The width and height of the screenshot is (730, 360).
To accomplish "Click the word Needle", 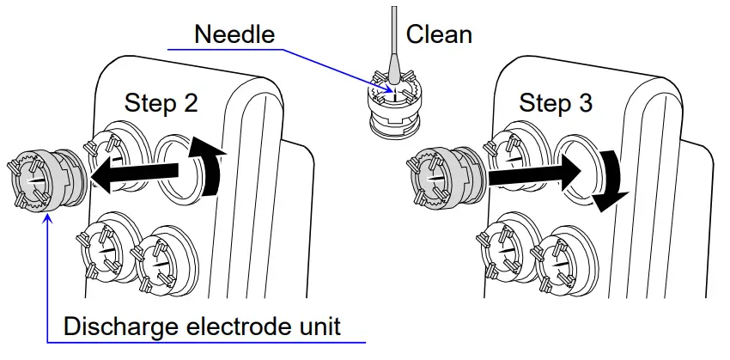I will click(x=233, y=34).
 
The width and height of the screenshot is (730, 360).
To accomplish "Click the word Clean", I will click(x=439, y=34).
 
